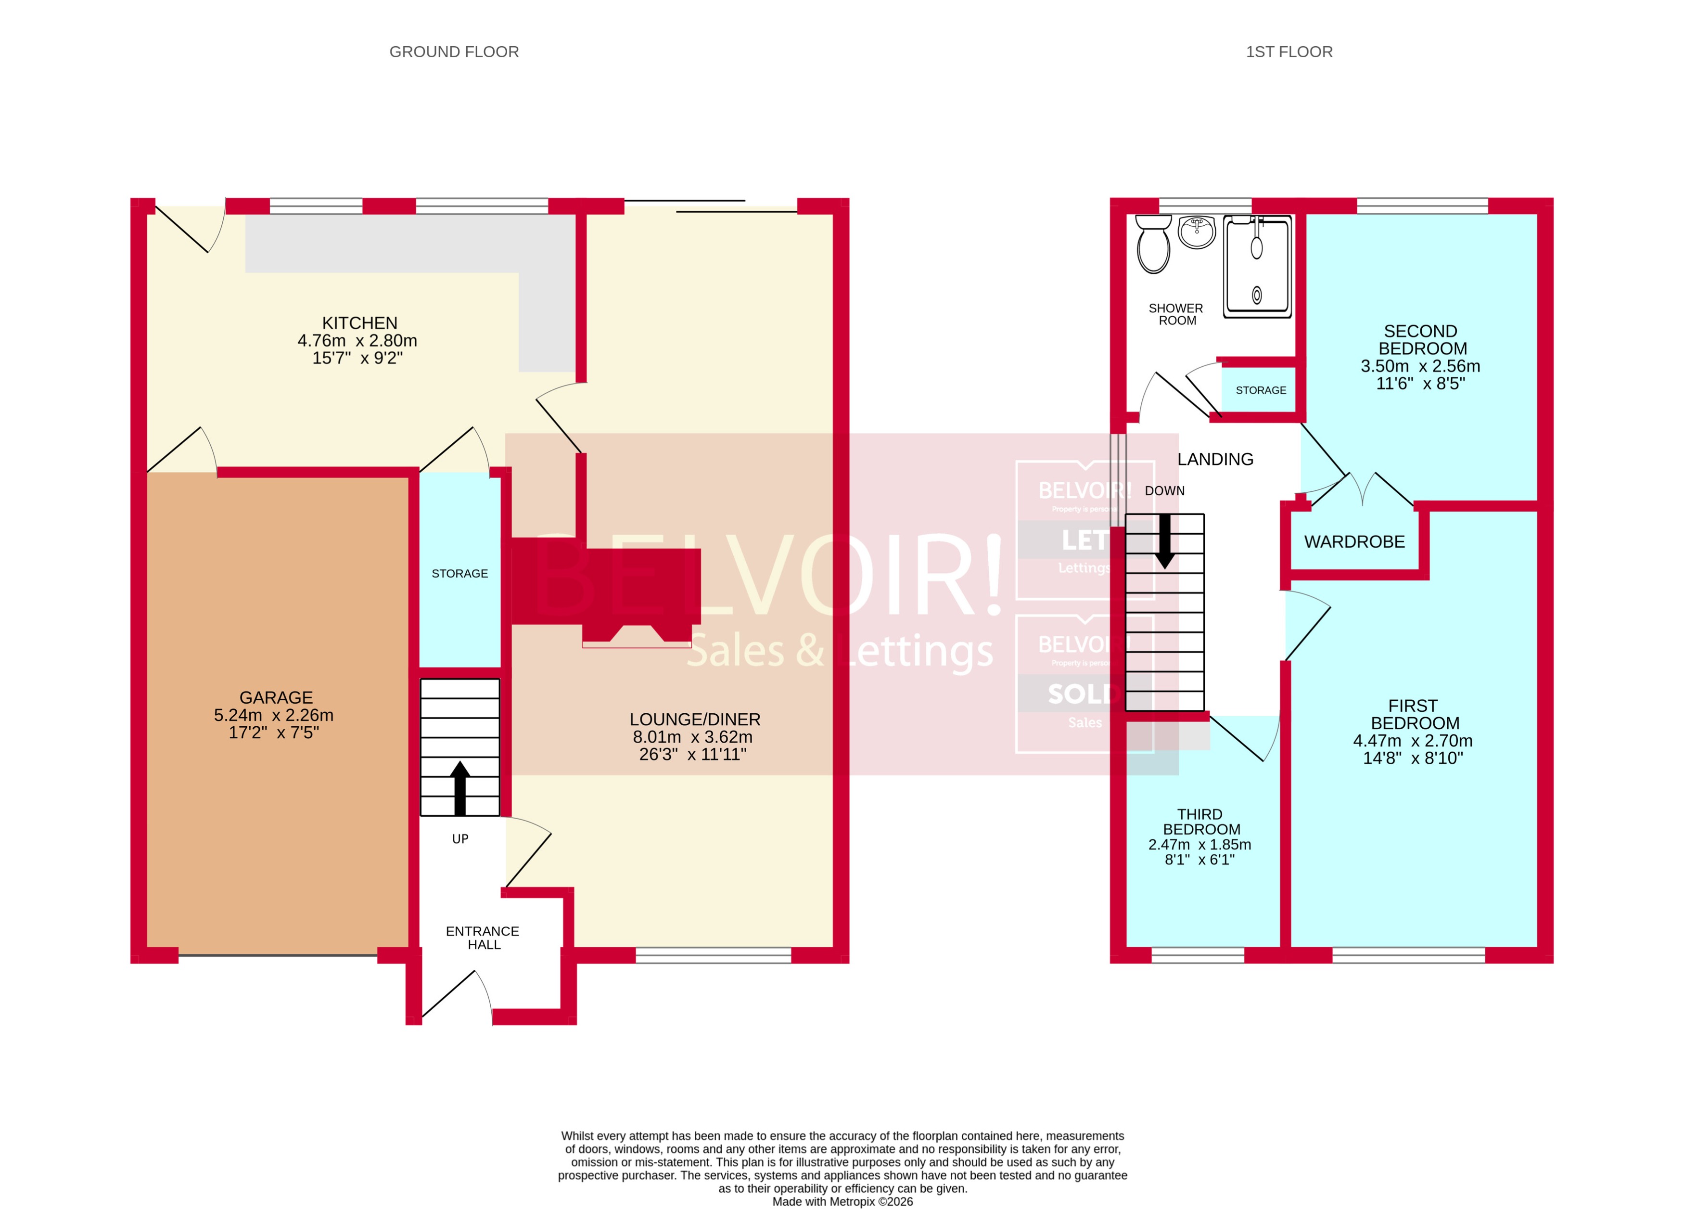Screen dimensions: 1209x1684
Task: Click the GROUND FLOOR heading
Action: click(454, 52)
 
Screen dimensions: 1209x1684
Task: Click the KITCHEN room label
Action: click(359, 323)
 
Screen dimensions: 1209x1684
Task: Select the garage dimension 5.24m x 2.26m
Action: click(273, 715)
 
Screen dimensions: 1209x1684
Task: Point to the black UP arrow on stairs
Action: click(459, 788)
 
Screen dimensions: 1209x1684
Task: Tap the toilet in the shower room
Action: click(1153, 244)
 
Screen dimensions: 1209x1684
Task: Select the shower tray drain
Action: click(1256, 296)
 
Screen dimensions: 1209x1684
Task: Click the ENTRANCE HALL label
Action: click(483, 937)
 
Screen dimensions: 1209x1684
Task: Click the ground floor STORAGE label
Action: click(459, 573)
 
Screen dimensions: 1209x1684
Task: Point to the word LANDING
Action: click(1215, 460)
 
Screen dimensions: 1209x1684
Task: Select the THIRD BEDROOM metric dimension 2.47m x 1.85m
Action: click(1199, 844)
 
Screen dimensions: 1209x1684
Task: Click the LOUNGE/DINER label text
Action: click(694, 719)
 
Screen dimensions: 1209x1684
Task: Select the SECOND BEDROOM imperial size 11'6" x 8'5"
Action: click(1420, 383)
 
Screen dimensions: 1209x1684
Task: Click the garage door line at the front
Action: click(278, 954)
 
